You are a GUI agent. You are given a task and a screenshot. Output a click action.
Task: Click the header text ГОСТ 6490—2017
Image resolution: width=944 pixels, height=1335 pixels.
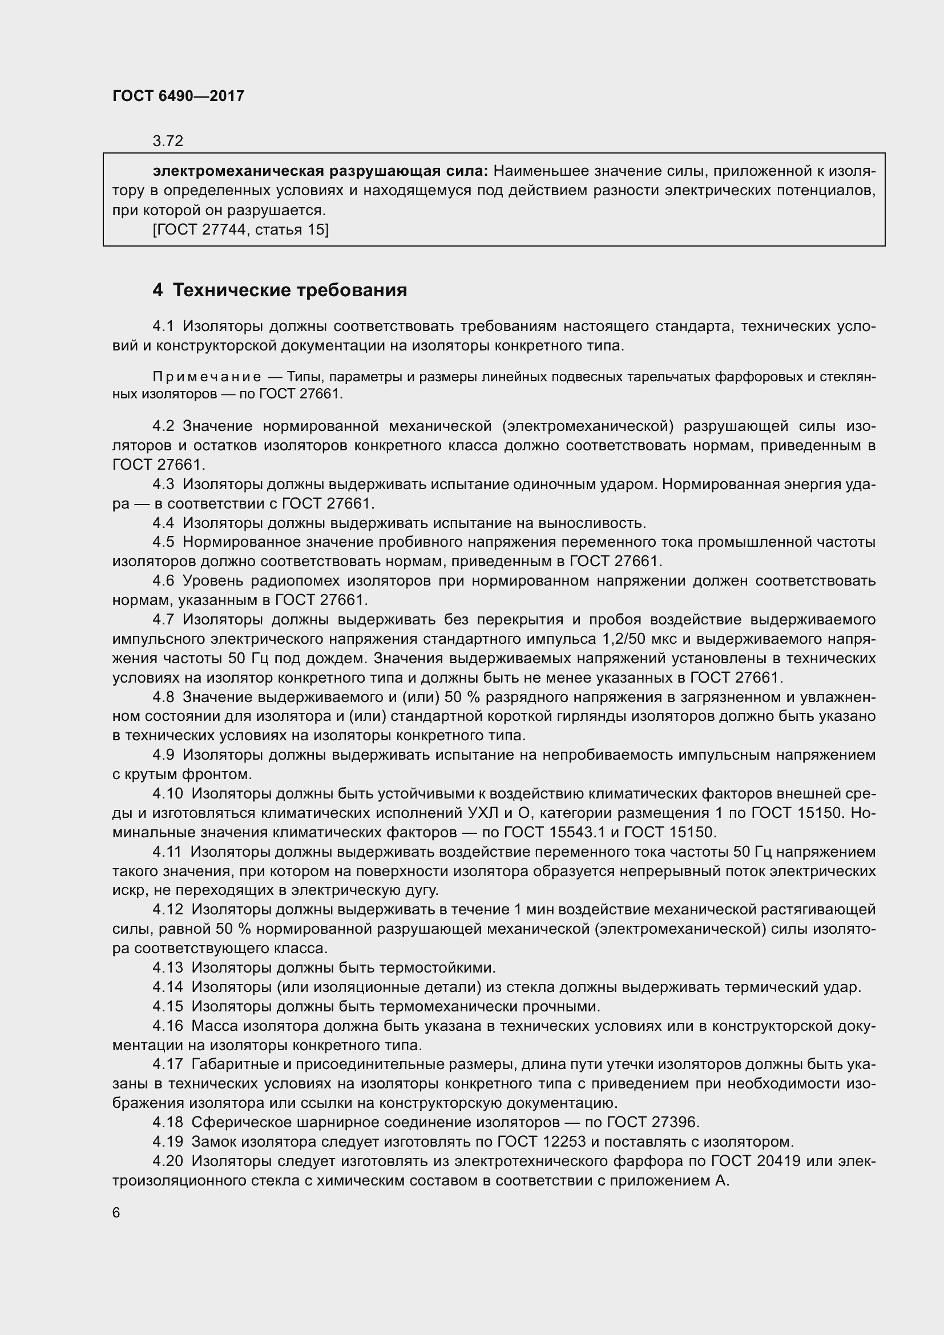tap(179, 96)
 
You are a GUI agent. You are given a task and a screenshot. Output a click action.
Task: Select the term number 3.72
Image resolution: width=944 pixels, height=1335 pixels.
tap(168, 141)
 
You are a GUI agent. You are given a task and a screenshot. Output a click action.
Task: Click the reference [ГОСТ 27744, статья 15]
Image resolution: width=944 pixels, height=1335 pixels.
tap(241, 229)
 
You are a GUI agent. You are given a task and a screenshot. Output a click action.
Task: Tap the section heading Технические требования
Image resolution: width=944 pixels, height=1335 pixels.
tap(290, 289)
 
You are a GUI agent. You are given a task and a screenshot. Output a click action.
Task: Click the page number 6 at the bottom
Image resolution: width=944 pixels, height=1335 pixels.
tap(116, 1212)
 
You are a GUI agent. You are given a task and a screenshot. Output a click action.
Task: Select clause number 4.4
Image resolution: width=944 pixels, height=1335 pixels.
tap(163, 523)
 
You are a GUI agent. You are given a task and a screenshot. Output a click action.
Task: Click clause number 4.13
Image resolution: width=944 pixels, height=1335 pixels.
tap(167, 967)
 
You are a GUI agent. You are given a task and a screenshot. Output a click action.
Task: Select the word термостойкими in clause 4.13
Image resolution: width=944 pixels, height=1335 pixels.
tap(437, 967)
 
